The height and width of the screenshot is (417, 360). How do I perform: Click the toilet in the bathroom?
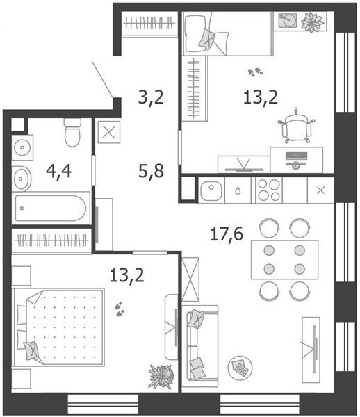[x=72, y=132]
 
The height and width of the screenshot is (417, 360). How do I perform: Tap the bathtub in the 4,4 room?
[x=51, y=208]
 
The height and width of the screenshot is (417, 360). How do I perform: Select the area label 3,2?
[x=151, y=97]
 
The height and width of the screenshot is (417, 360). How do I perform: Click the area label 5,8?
[x=151, y=171]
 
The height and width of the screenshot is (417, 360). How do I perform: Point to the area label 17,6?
[x=227, y=234]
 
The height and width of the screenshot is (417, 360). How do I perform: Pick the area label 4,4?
[x=59, y=171]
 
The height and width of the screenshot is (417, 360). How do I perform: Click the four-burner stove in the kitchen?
[x=269, y=190]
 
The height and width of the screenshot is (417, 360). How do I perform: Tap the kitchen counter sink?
[x=211, y=190]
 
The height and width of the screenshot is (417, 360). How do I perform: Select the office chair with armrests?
[x=297, y=126]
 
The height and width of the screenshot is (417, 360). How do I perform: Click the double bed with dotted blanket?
[x=58, y=328]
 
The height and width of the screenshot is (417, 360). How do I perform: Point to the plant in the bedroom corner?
[x=161, y=377]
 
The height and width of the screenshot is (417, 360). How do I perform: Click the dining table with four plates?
[x=284, y=259]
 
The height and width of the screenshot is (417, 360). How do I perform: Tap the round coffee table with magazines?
[x=240, y=368]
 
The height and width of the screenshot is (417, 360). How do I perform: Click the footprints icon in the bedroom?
[x=120, y=309]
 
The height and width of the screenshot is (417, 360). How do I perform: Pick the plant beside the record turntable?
[x=313, y=22]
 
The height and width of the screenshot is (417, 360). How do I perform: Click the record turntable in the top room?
[x=288, y=20]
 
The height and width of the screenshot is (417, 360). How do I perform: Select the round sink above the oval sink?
[x=22, y=147]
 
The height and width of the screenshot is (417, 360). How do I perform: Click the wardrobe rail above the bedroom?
[x=51, y=240]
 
